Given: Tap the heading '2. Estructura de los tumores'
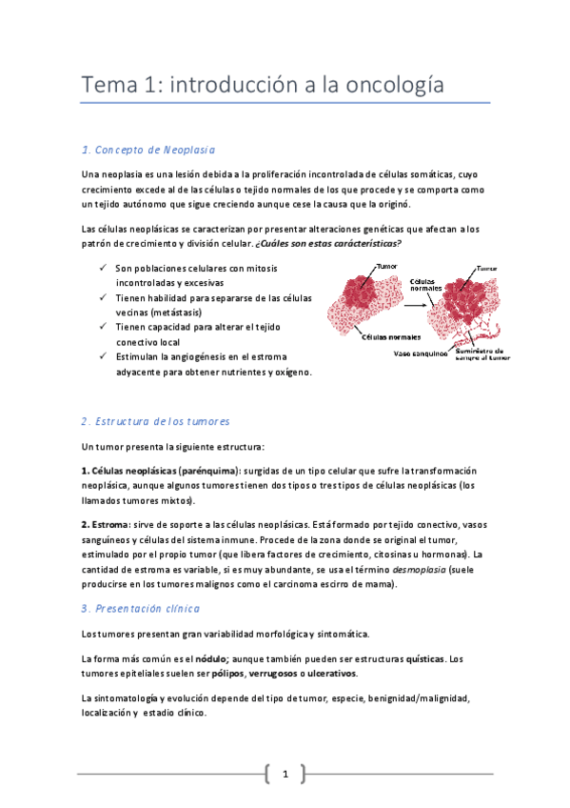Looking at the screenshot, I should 155,421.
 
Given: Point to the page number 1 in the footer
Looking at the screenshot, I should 285,774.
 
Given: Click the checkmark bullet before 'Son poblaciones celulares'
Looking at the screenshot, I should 103,269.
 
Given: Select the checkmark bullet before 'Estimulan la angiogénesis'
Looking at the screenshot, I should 103,356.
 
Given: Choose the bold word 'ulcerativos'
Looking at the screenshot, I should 327,674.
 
